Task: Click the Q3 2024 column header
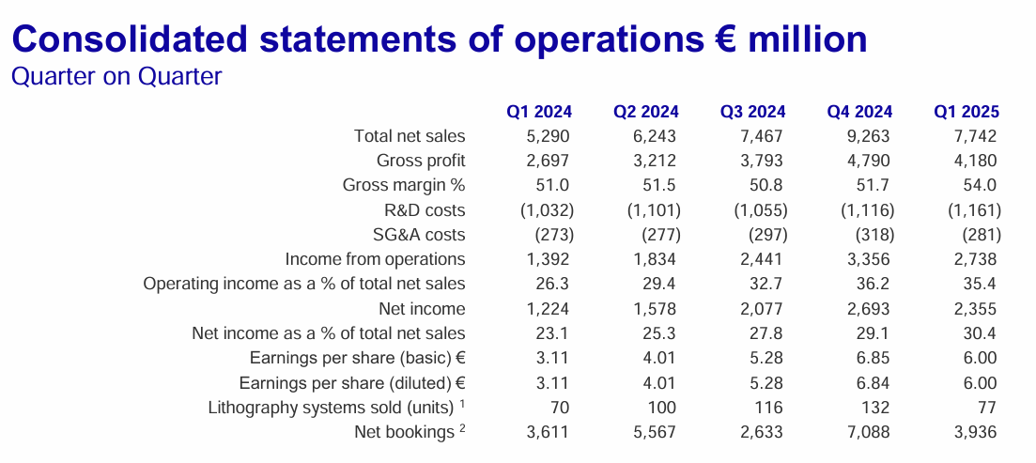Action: coord(752,112)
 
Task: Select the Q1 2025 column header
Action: coord(966,112)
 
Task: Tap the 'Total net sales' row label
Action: coord(410,136)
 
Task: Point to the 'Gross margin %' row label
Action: coord(404,185)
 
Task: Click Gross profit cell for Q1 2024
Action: coord(547,161)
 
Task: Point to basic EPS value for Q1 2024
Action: coord(553,358)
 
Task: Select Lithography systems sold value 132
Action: coord(876,408)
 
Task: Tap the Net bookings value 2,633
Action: coord(761,432)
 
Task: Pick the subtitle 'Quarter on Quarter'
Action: coord(116,76)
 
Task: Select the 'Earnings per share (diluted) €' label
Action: coord(352,383)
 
